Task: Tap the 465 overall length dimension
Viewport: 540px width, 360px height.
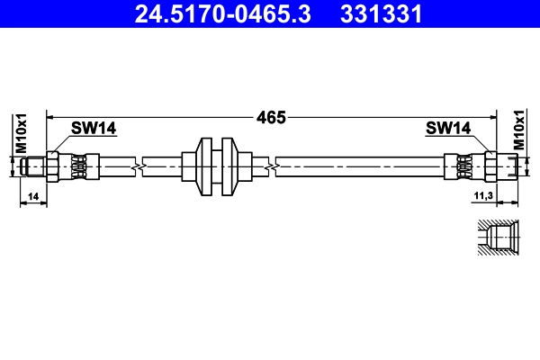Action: tap(271, 117)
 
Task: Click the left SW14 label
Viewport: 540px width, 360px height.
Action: tap(94, 129)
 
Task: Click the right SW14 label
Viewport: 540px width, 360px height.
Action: tap(448, 129)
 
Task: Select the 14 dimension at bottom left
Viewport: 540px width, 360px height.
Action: tap(33, 195)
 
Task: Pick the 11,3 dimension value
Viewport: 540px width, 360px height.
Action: tap(482, 195)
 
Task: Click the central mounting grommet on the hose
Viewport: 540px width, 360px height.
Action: tap(216, 166)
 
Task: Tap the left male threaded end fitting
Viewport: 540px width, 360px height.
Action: tap(36, 166)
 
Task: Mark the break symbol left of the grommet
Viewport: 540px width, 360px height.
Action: tap(138, 166)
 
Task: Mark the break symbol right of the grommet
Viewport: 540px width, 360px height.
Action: tap(271, 166)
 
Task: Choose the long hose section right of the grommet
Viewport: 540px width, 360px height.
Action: tap(360, 166)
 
